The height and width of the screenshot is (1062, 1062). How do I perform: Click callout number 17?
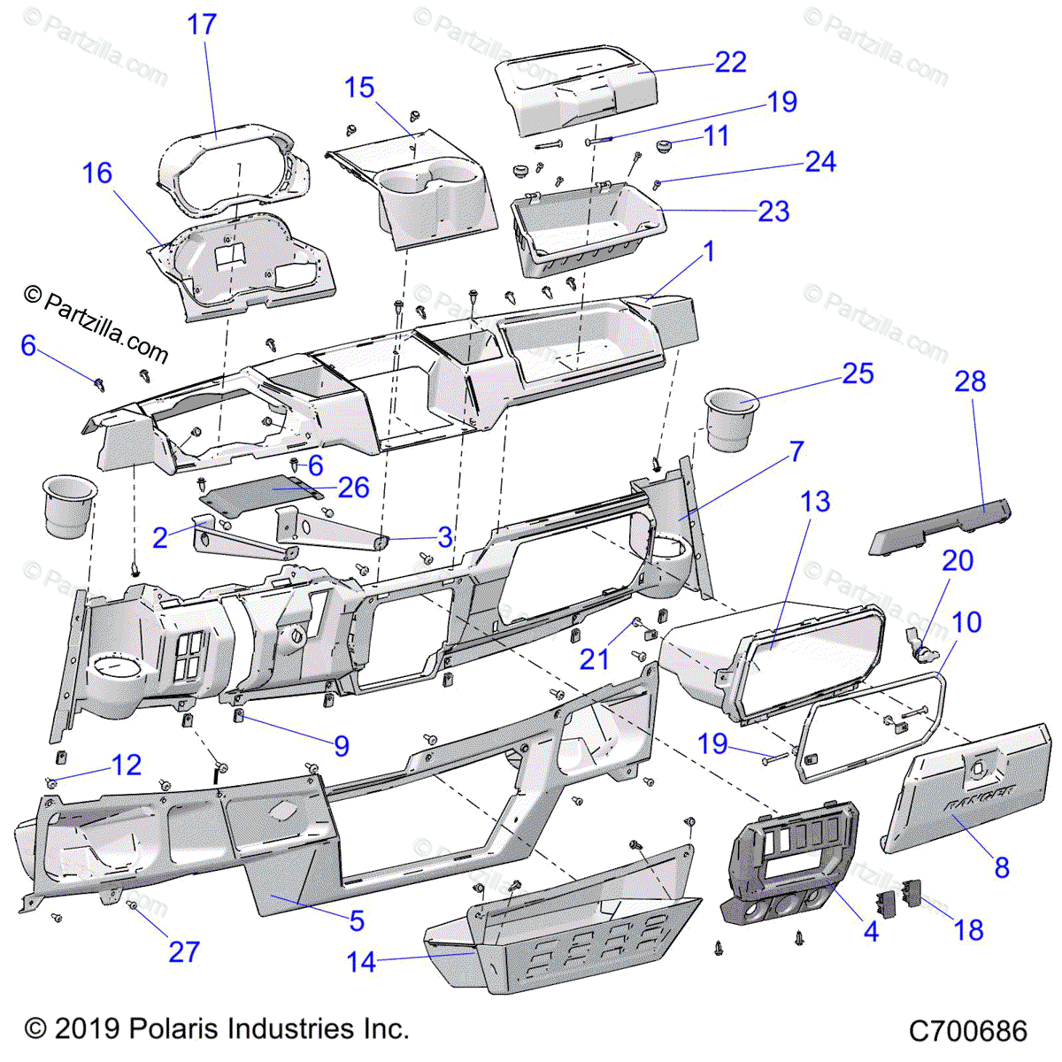click(202, 24)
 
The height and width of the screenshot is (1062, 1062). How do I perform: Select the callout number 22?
click(730, 62)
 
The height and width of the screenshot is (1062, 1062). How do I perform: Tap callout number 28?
click(970, 381)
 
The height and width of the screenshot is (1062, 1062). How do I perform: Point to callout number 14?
click(362, 962)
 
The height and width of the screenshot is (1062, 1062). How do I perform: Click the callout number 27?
click(184, 951)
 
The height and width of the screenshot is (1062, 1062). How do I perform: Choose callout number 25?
click(858, 373)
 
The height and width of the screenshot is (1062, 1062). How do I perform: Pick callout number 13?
click(815, 502)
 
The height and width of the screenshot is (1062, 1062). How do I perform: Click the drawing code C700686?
click(968, 1031)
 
